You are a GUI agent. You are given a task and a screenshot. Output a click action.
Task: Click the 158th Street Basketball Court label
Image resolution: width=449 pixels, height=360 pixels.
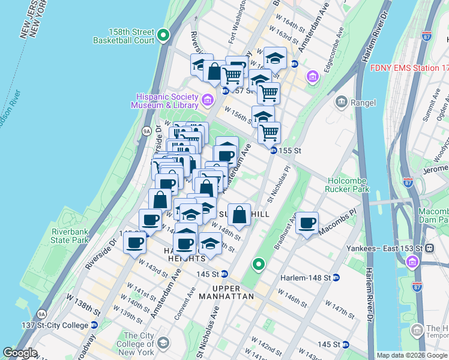point(124,36)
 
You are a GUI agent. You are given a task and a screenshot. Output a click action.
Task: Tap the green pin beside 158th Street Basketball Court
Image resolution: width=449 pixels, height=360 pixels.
point(164,38)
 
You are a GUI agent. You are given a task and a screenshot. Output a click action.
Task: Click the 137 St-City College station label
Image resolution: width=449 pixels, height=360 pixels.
point(53,325)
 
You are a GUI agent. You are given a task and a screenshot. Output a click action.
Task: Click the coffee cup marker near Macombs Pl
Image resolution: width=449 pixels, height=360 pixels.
point(308,223)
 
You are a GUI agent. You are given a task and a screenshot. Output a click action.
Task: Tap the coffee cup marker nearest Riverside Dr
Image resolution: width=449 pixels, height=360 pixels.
point(135,243)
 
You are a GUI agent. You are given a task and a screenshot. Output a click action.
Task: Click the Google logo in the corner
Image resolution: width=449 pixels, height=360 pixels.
point(20,353)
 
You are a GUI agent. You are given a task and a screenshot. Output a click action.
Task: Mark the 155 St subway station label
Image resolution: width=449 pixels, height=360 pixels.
point(289,151)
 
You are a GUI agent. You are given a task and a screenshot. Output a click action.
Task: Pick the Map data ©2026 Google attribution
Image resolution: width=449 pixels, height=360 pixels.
point(411,355)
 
